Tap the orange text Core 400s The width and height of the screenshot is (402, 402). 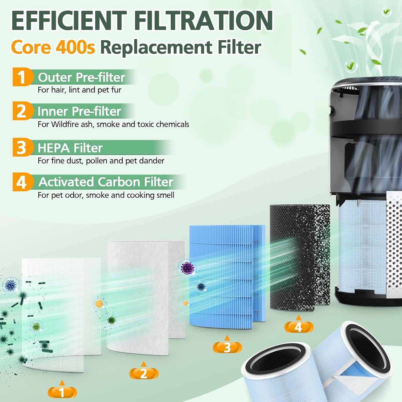53,47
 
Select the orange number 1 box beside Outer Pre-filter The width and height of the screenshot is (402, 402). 21,77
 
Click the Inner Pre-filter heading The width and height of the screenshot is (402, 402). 79,111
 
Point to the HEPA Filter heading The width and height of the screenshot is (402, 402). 70,148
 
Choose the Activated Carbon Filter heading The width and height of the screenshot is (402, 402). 106,182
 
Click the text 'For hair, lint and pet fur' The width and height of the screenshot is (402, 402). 80,90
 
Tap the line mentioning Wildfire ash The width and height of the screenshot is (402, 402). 113,124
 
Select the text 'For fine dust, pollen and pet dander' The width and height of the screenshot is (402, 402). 101,161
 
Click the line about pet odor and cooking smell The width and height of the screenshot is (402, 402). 106,195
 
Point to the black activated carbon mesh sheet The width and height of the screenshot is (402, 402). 299,256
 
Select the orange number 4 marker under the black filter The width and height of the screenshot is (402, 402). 299,327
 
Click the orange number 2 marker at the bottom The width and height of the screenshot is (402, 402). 144,373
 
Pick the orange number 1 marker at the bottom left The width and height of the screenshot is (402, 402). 62,392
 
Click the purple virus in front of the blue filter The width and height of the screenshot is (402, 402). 187,268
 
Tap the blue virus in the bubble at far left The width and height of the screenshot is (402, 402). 11,285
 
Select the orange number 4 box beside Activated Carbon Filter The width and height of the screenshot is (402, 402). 21,182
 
